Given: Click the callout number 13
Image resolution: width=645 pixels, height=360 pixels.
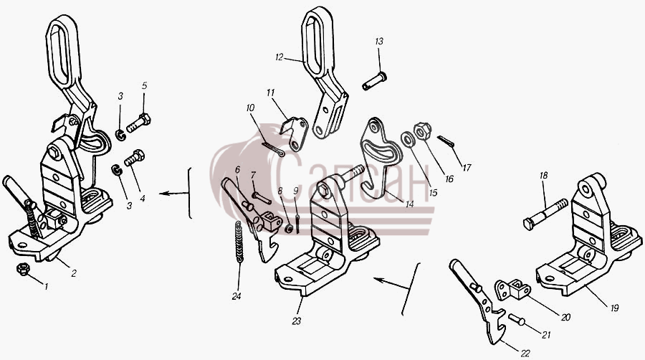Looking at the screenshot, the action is tap(379, 41).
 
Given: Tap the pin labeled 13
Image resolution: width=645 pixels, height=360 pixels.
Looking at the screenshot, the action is tap(374, 81).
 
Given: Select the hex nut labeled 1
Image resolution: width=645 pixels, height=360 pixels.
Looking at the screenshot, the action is tap(23, 270).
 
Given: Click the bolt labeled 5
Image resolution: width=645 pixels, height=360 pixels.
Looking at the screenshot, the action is tap(138, 122).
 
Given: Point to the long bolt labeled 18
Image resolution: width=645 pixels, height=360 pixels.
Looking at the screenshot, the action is tap(545, 214).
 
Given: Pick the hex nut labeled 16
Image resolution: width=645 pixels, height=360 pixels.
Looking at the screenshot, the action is tap(422, 132).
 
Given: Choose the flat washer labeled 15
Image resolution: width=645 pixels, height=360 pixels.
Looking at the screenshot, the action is tap(407, 140).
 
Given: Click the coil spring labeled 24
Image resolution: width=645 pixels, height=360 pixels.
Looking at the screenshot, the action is tap(239, 242).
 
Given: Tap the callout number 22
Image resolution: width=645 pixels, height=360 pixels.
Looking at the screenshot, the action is tap(525, 353).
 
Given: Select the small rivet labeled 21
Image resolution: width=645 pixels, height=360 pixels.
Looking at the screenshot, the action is tap(517, 319).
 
